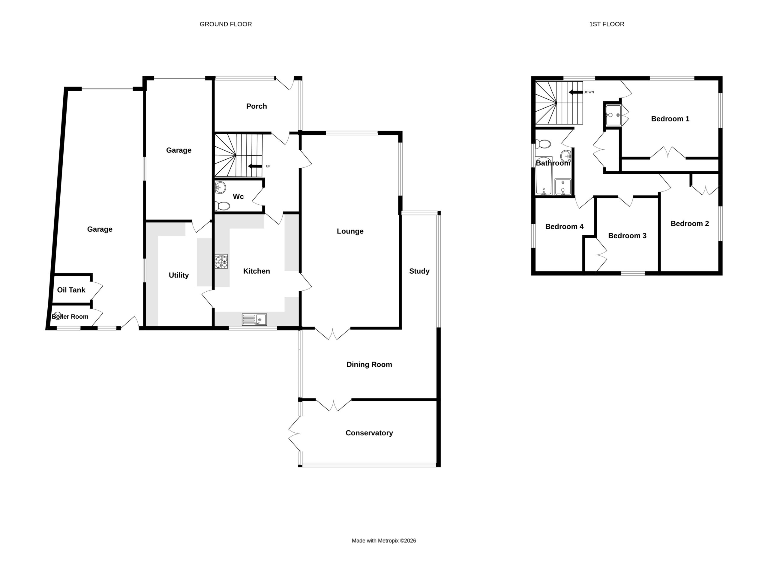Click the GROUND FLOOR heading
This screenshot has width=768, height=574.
pyautogui.click(x=226, y=24)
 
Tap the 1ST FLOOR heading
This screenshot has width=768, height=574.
pyautogui.click(x=607, y=24)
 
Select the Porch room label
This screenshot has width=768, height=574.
pyautogui.click(x=256, y=106)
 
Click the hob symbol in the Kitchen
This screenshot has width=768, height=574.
pyautogui.click(x=221, y=261)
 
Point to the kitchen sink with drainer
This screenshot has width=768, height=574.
pyautogui.click(x=254, y=320)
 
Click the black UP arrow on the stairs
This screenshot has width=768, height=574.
pyautogui.click(x=255, y=166)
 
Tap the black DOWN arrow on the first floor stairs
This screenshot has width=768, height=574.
pyautogui.click(x=576, y=92)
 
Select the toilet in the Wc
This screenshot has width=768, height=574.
pyautogui.click(x=222, y=206)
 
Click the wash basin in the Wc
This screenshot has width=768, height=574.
pyautogui.click(x=220, y=188)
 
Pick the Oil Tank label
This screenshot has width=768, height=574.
pyautogui.click(x=71, y=290)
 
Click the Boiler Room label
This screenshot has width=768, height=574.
pyautogui.click(x=70, y=317)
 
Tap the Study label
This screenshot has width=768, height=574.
pyautogui.click(x=419, y=271)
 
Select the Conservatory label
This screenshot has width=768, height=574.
pyautogui.click(x=369, y=433)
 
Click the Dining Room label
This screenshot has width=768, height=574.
pyautogui.click(x=369, y=365)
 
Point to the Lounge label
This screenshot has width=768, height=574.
pyautogui.click(x=350, y=231)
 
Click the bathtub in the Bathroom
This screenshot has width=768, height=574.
pyautogui.click(x=544, y=177)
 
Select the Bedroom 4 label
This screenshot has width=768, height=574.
pyautogui.click(x=565, y=227)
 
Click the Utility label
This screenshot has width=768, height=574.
pyautogui.click(x=179, y=275)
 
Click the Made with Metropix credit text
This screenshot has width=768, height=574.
pyautogui.click(x=384, y=541)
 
